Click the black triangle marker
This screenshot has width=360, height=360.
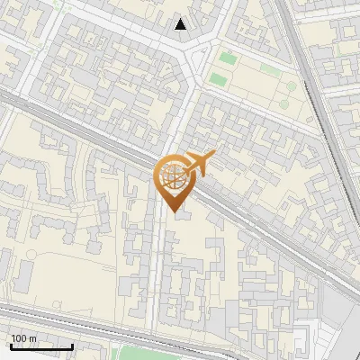(181, 24)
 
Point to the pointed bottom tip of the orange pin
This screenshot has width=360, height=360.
(172, 213)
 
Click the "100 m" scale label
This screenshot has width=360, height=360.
(23, 338)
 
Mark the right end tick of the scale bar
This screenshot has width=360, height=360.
(72, 346)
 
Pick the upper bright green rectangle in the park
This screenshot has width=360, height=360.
(228, 59)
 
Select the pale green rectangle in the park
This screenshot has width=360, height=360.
(270, 67)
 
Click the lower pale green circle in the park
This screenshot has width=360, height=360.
(282, 101)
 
